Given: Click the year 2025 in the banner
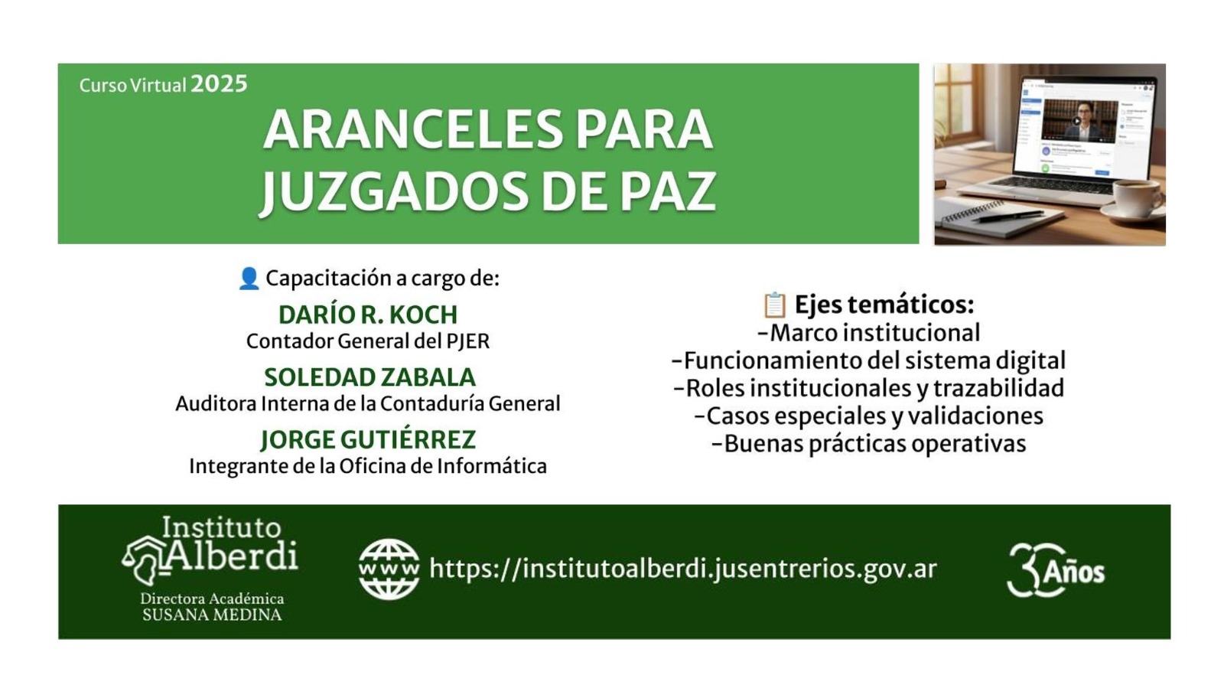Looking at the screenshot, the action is coord(219,84).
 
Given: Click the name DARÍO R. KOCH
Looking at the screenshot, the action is coord(368,315).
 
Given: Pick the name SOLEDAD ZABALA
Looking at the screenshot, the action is coord(370,377).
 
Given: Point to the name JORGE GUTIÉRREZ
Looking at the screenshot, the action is coord(368,439).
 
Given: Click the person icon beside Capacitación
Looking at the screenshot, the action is coord(249,279).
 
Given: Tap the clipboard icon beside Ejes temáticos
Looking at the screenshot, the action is coord(774,305).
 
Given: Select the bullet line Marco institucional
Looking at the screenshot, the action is coord(869,332).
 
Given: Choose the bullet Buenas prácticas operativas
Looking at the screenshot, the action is coord(869,443).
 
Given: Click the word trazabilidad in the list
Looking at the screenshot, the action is coord(998,387).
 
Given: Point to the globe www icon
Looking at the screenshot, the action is coord(389,569).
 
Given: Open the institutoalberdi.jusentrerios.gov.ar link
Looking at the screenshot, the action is coord(683,569).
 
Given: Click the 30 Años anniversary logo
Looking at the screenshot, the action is coord(1055,570).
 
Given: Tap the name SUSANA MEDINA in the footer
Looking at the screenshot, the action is coord(212,615).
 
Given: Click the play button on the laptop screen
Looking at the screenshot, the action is coord(1076,121).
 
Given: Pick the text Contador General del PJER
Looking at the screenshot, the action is coord(368,341).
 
